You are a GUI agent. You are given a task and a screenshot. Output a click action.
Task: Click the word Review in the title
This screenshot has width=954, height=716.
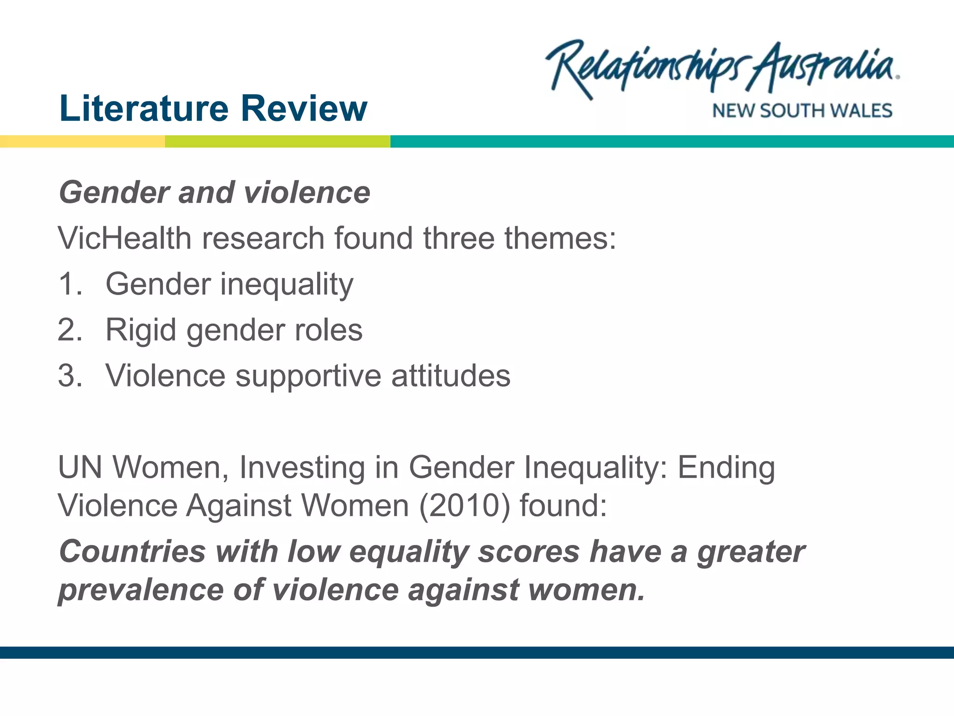[304, 108]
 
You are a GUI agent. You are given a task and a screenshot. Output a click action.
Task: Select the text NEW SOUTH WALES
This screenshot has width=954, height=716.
[802, 111]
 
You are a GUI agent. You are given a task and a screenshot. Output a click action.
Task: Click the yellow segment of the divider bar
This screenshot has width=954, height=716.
[82, 141]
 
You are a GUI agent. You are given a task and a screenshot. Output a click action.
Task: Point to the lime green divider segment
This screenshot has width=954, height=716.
[278, 141]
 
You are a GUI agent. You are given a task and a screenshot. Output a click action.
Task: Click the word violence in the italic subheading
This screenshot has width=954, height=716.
[307, 193]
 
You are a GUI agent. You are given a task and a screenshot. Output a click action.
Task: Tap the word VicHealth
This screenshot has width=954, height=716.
[124, 238]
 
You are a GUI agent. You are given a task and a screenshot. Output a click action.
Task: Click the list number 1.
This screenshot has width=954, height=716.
[70, 284]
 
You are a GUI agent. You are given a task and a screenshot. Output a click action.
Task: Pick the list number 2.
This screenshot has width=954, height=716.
[70, 330]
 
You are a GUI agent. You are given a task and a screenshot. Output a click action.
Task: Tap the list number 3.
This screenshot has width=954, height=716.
[70, 375]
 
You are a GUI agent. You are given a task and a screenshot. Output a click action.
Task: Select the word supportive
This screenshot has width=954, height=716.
[308, 375]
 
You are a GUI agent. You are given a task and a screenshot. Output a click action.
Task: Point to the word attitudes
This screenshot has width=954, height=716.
[450, 375]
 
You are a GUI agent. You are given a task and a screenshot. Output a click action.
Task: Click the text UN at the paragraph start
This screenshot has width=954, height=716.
[80, 467]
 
